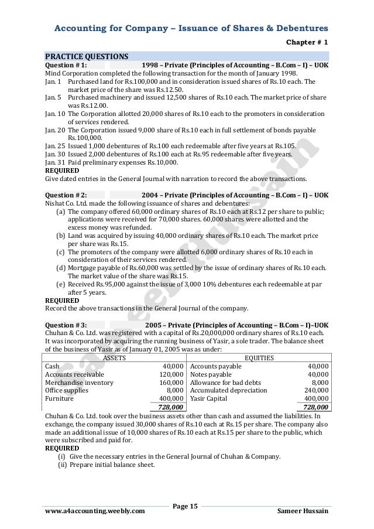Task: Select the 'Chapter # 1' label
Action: tap(307, 42)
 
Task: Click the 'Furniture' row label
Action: tap(59, 398)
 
